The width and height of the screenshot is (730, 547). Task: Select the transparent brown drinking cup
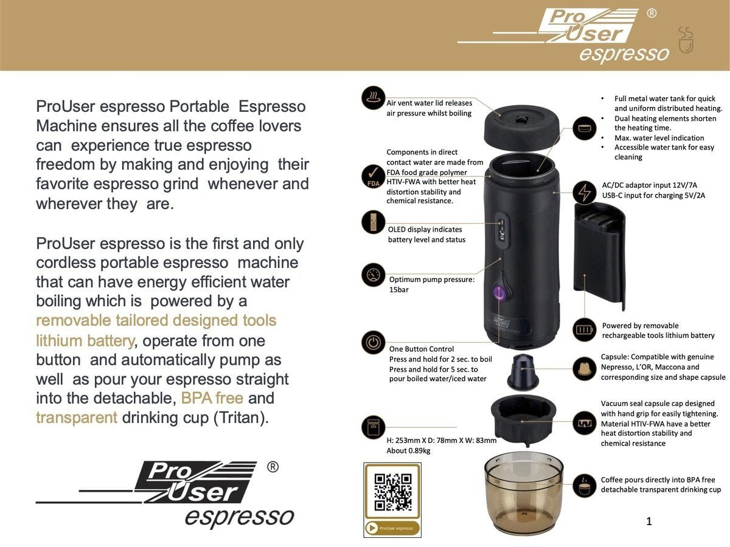(523, 492)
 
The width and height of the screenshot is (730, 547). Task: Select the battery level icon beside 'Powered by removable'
(585, 330)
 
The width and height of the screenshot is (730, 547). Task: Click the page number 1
(648, 521)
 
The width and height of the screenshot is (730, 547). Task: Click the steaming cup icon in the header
(686, 40)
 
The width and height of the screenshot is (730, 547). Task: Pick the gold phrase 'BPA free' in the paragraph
(212, 399)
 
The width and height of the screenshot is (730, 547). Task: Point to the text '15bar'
(400, 290)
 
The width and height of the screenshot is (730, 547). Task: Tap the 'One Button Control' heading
(422, 349)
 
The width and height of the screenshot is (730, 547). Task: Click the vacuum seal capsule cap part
(523, 419)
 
